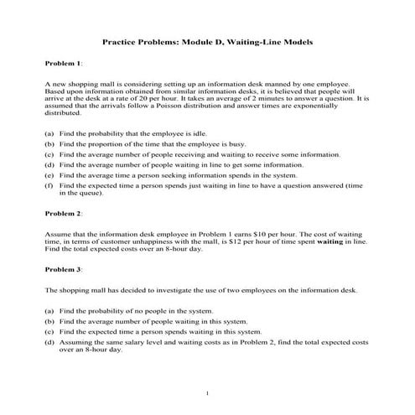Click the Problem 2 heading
click(63, 214)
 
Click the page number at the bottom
click(207, 392)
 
